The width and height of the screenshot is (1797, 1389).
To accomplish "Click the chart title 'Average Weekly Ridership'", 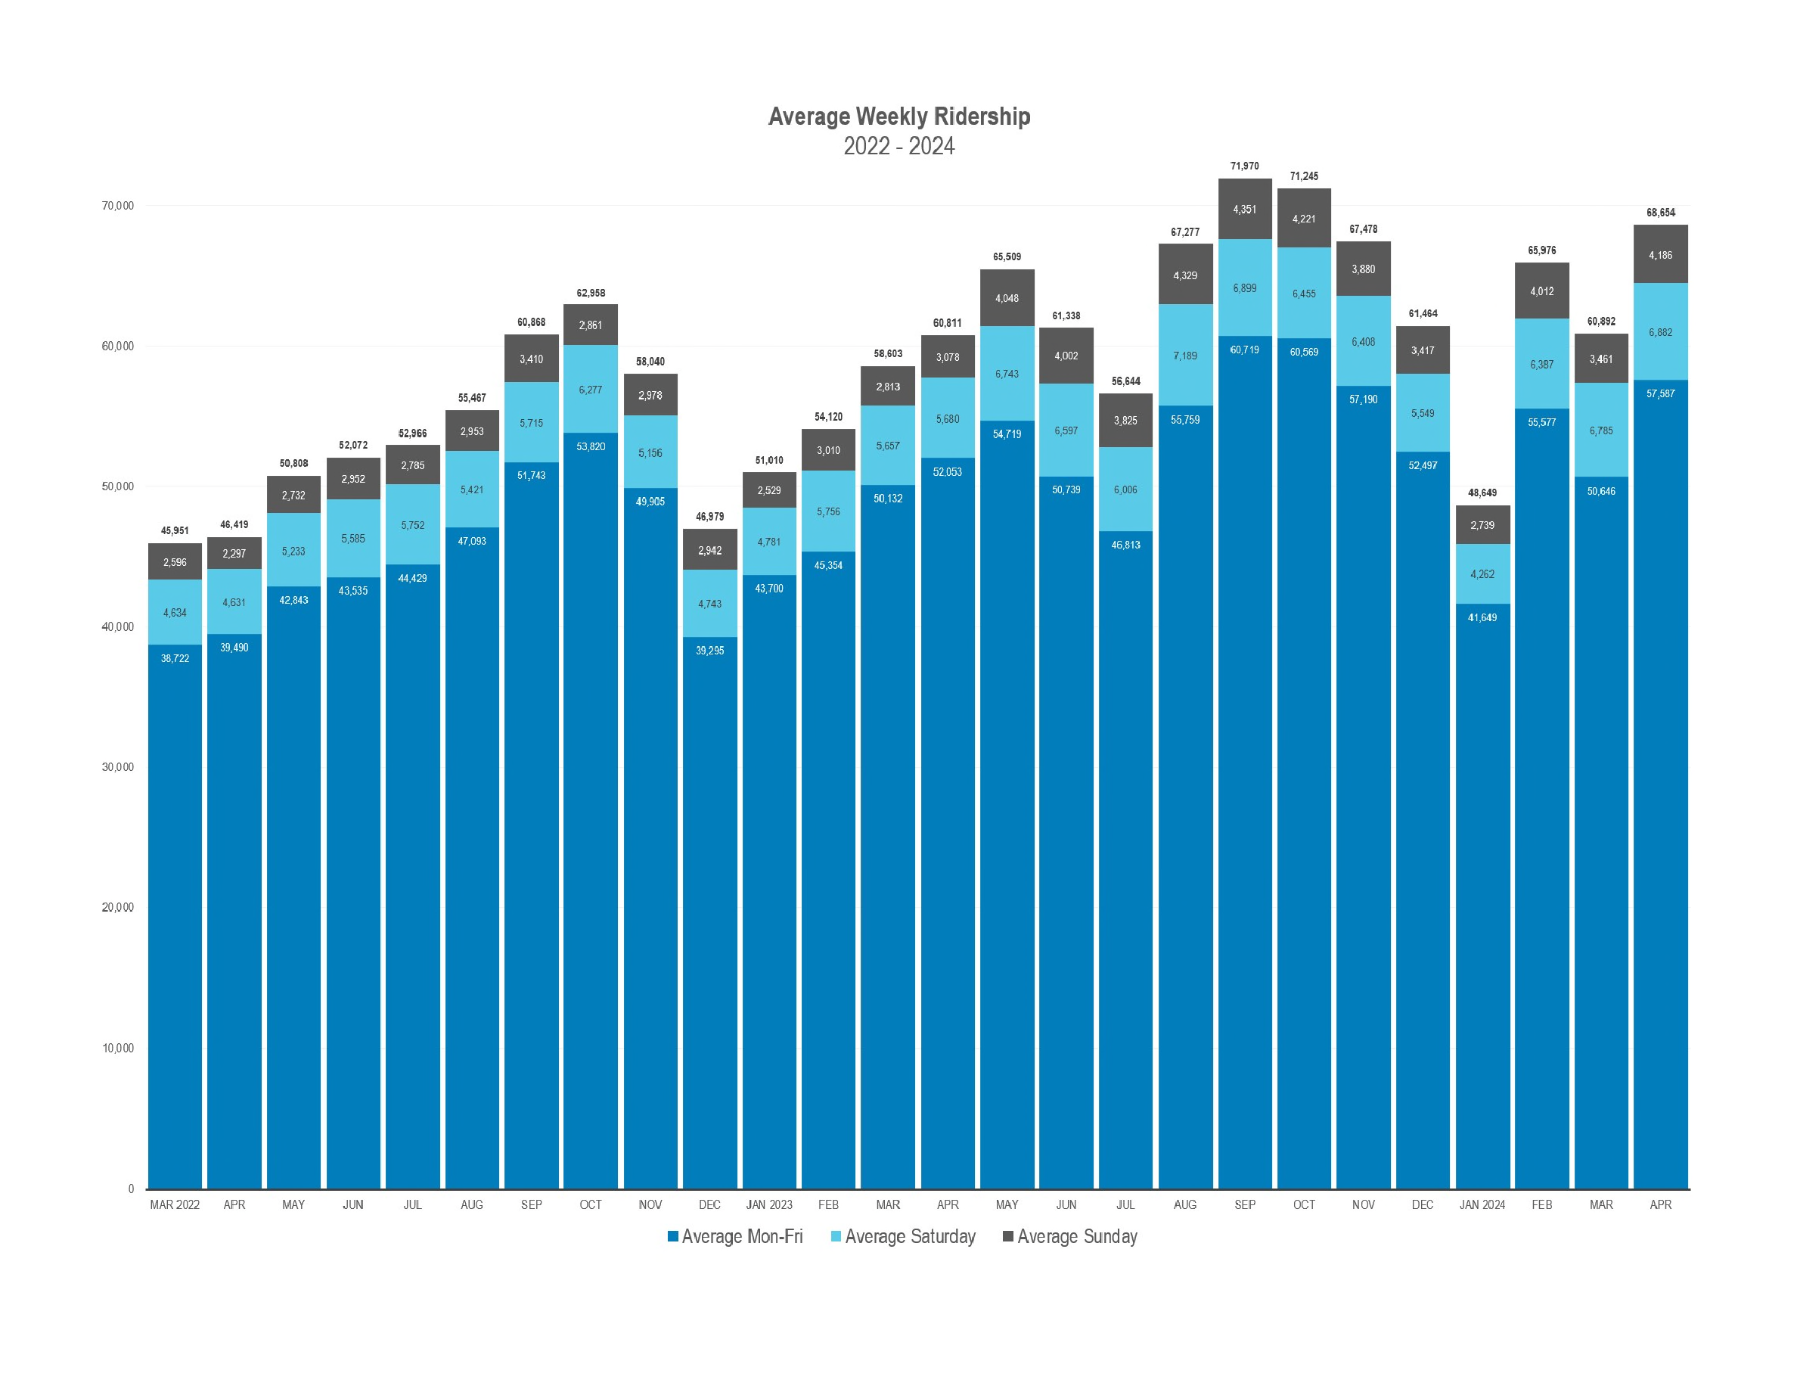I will click(x=898, y=117).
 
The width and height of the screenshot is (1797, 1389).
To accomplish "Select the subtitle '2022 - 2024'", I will click(x=898, y=147).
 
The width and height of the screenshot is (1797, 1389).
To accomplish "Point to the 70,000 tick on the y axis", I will click(x=118, y=206).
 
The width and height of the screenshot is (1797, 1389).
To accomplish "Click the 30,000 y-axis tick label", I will click(x=118, y=767).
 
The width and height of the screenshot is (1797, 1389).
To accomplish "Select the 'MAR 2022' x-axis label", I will click(x=175, y=1204).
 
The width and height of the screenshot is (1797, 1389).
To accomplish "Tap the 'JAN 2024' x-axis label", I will click(x=1482, y=1204).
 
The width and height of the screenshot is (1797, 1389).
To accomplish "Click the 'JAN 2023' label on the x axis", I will click(x=768, y=1204).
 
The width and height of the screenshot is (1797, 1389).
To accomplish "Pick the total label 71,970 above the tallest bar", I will click(x=1244, y=166).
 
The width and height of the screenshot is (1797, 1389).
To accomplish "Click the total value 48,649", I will click(x=1482, y=493).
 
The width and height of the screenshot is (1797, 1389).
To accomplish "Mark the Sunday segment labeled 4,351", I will click(x=1244, y=210).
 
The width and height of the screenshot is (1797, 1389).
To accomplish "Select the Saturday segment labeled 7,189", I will click(x=1185, y=356).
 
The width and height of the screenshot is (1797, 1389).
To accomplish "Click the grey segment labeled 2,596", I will click(x=175, y=563).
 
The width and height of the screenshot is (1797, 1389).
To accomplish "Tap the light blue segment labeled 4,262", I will click(x=1482, y=574).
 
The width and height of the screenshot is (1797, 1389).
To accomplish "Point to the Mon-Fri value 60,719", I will click(x=1244, y=350).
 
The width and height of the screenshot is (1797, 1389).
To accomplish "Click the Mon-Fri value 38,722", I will click(x=175, y=658).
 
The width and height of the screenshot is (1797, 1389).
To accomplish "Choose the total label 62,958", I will click(x=590, y=293).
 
